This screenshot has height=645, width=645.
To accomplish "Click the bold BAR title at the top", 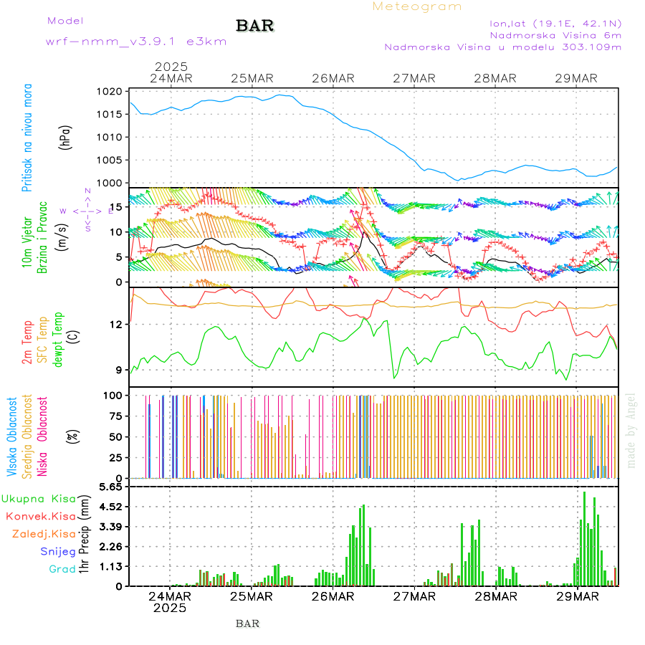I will (x=254, y=27).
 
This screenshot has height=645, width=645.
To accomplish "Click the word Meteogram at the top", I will (x=417, y=6).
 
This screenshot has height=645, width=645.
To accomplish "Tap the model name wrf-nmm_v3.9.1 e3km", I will (x=136, y=42).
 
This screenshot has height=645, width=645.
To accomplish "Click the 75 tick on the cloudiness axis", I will (x=115, y=416).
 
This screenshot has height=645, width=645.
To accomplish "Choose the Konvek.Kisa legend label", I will (x=40, y=516).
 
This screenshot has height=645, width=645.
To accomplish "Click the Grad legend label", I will (x=62, y=569).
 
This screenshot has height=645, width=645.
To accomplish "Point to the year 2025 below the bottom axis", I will (x=170, y=608).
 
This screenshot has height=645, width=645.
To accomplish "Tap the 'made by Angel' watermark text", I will (x=631, y=430).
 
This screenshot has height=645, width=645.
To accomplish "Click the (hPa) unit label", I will (x=67, y=137).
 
